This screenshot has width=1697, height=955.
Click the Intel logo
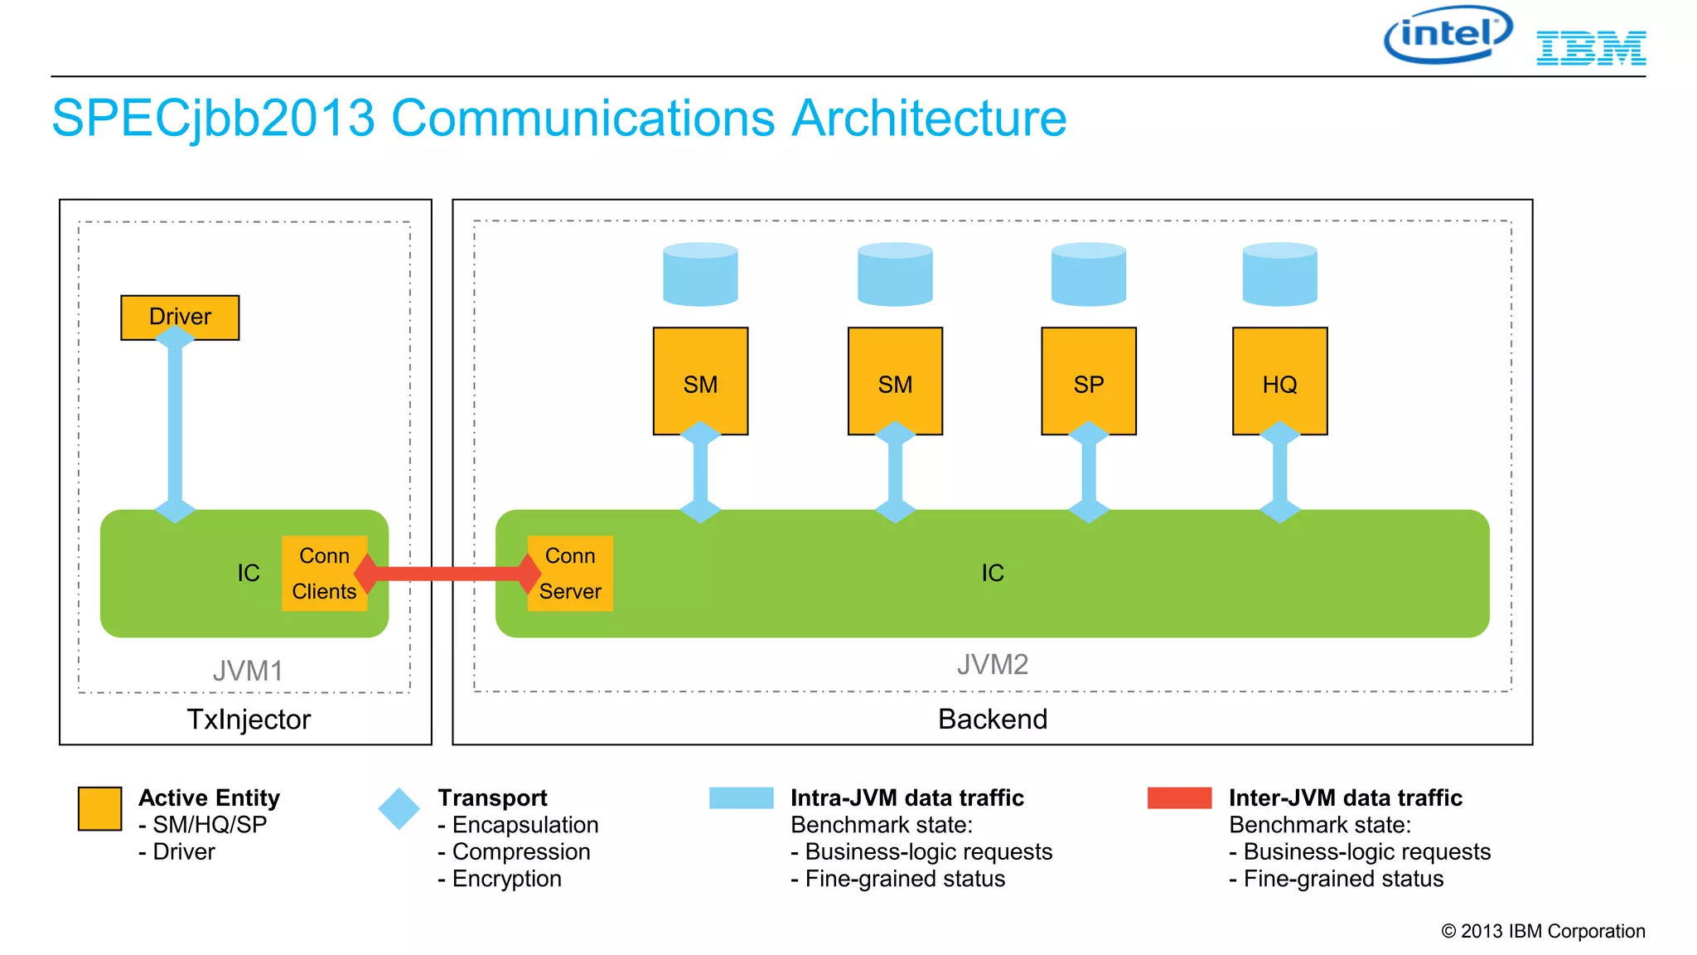(x=1448, y=35)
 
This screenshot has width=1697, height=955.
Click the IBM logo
(x=1590, y=48)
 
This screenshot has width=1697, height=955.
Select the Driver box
(x=180, y=317)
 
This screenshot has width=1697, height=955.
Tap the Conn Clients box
(x=324, y=573)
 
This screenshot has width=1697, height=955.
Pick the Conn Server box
(x=570, y=573)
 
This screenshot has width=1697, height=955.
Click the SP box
(x=1088, y=381)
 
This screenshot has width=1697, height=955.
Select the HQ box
(x=1279, y=381)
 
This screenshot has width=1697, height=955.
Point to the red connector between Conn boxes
(x=447, y=573)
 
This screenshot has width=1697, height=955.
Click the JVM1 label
(x=248, y=671)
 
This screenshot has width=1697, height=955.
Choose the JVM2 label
(x=992, y=665)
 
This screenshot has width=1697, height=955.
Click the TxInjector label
(x=248, y=720)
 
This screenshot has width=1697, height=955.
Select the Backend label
(x=992, y=720)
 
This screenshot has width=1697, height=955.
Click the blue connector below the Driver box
(x=175, y=423)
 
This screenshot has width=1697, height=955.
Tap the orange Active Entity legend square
(x=99, y=808)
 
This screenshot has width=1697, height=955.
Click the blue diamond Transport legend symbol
(x=399, y=808)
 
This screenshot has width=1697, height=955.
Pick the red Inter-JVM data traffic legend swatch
(x=1179, y=797)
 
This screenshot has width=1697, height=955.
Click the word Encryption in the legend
(x=506, y=879)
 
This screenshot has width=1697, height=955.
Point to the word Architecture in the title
(x=929, y=118)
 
